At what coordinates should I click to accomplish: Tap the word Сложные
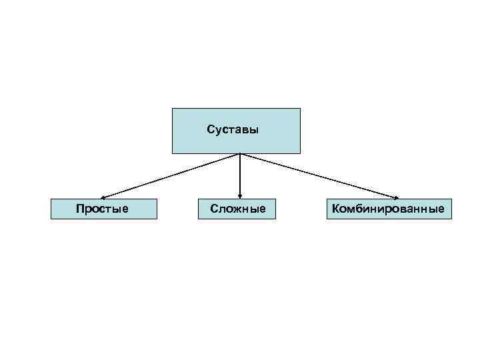(x=237, y=209)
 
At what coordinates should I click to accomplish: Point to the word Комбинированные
(x=389, y=209)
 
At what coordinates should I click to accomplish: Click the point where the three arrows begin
(x=239, y=154)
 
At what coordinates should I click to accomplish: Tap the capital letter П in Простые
(x=79, y=209)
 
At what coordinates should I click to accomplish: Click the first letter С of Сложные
(x=214, y=209)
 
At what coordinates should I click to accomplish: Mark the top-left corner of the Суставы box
(x=172, y=108)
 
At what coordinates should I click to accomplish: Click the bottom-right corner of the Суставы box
(x=300, y=153)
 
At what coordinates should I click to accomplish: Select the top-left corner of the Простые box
(x=51, y=199)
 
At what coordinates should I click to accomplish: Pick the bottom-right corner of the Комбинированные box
(x=451, y=219)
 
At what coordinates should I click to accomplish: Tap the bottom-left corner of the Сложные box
(x=199, y=219)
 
